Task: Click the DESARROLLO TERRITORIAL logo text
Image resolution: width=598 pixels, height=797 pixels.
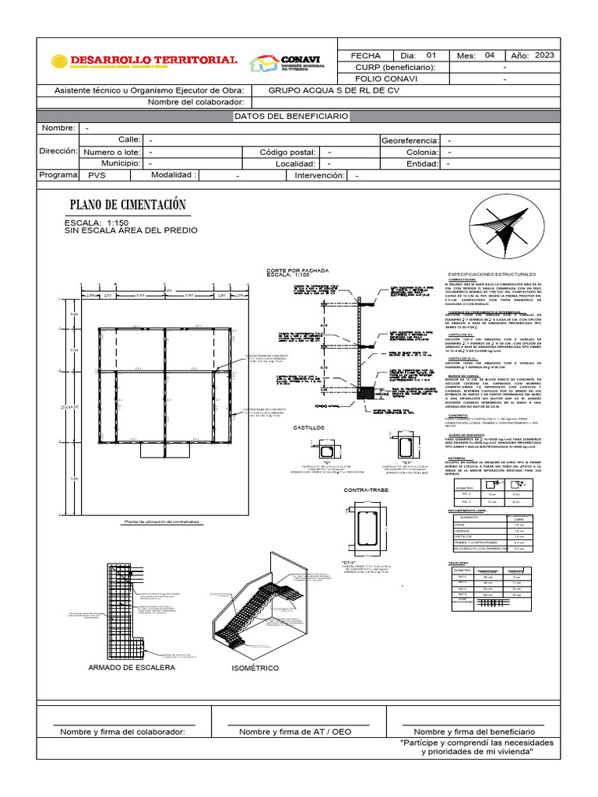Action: [x=153, y=60]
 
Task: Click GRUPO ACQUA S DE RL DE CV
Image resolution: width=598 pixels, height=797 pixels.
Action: [x=334, y=90]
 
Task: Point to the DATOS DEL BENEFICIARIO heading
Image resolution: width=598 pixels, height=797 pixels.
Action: [x=291, y=116]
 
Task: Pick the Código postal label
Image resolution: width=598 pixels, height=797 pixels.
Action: [x=287, y=152]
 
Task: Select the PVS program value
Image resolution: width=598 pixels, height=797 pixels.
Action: [x=97, y=176]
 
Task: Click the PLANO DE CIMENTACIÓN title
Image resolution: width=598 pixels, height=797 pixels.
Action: [x=128, y=205]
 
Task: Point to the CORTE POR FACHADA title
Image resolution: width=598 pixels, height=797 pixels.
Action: [x=298, y=270]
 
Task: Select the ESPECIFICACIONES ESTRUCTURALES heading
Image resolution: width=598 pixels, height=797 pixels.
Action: [x=491, y=275]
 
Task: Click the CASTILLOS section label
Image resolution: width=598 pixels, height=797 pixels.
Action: [x=308, y=427]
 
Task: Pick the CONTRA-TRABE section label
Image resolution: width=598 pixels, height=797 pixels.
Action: [x=366, y=491]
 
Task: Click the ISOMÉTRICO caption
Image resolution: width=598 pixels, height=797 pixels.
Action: [x=255, y=669]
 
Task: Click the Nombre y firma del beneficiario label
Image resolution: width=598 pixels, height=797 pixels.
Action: [x=474, y=732]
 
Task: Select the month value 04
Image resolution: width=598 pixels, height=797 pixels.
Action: [x=489, y=56]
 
